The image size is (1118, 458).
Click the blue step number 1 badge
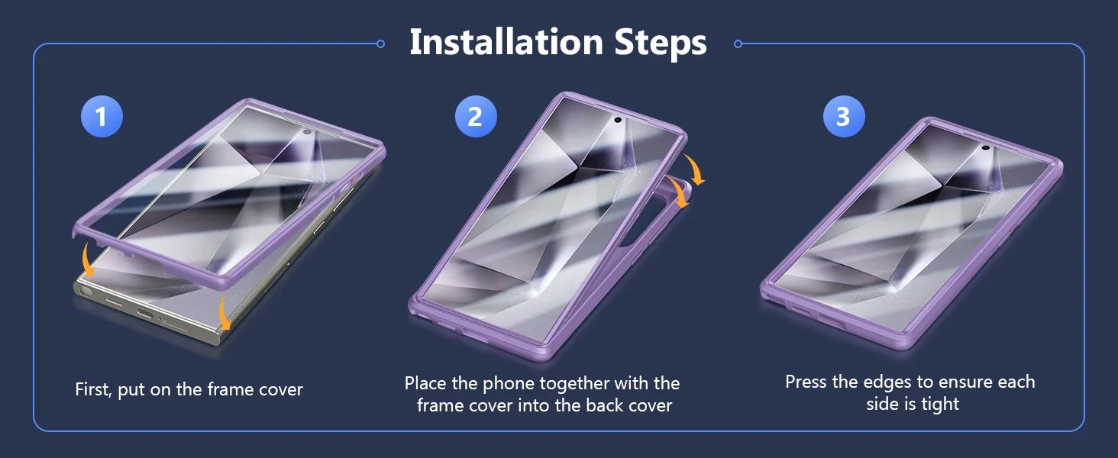[x=102, y=116]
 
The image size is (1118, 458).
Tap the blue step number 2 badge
[x=476, y=116]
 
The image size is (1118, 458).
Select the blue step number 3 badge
[x=844, y=116]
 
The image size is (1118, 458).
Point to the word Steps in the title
[x=661, y=44]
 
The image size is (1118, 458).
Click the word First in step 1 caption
[x=93, y=389]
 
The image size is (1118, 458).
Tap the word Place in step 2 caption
[x=425, y=383]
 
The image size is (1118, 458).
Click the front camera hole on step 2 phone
[x=617, y=120]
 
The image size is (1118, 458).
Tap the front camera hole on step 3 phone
[x=985, y=147]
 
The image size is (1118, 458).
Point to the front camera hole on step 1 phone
[x=307, y=132]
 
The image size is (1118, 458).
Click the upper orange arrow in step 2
[x=695, y=170]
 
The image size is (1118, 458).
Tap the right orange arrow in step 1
[x=224, y=313]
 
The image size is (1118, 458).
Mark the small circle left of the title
[x=380, y=44]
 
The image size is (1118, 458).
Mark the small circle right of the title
[x=738, y=44]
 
